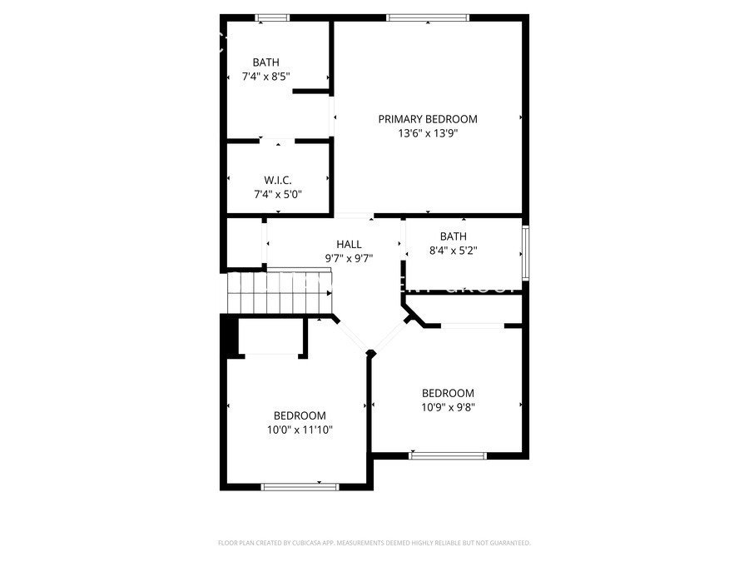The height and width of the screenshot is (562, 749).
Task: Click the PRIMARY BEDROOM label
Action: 428,119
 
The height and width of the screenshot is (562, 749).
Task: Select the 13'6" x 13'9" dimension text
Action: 428,133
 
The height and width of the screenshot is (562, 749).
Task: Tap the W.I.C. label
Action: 278,180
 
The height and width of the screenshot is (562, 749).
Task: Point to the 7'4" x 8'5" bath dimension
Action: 266,77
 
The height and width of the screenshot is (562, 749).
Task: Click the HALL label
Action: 349,244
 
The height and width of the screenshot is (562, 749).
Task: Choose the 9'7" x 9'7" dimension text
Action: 349,258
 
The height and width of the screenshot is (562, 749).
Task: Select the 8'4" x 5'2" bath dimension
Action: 454,250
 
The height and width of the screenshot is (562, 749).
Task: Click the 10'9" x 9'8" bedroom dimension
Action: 448,407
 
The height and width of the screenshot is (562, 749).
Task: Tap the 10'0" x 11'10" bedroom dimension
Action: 300,430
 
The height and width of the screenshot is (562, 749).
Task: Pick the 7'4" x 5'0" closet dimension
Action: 278,194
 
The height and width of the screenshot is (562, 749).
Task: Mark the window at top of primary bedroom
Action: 428,17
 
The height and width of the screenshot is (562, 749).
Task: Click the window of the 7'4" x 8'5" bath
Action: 272,17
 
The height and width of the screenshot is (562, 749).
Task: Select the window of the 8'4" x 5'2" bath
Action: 525,251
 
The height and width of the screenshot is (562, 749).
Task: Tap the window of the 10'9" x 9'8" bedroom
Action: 448,455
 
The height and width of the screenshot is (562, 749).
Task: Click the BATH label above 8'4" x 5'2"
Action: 454,236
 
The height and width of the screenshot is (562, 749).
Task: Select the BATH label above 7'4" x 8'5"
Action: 266,62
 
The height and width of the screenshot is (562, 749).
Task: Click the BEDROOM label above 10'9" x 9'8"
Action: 448,393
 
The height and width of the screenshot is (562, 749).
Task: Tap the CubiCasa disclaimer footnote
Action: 374,543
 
